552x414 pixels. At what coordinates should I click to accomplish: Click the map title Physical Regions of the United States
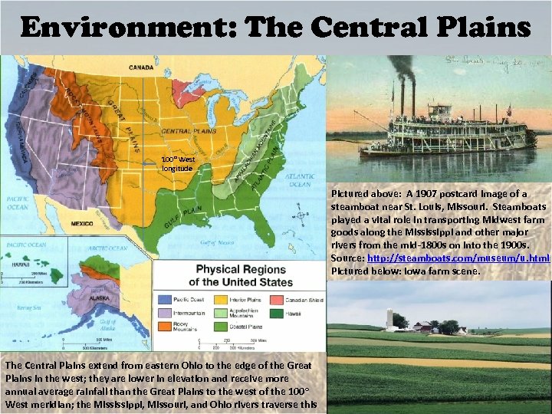point(244,275)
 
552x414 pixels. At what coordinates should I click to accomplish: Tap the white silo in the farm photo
point(389,319)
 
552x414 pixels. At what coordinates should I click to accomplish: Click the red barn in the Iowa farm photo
point(420,327)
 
